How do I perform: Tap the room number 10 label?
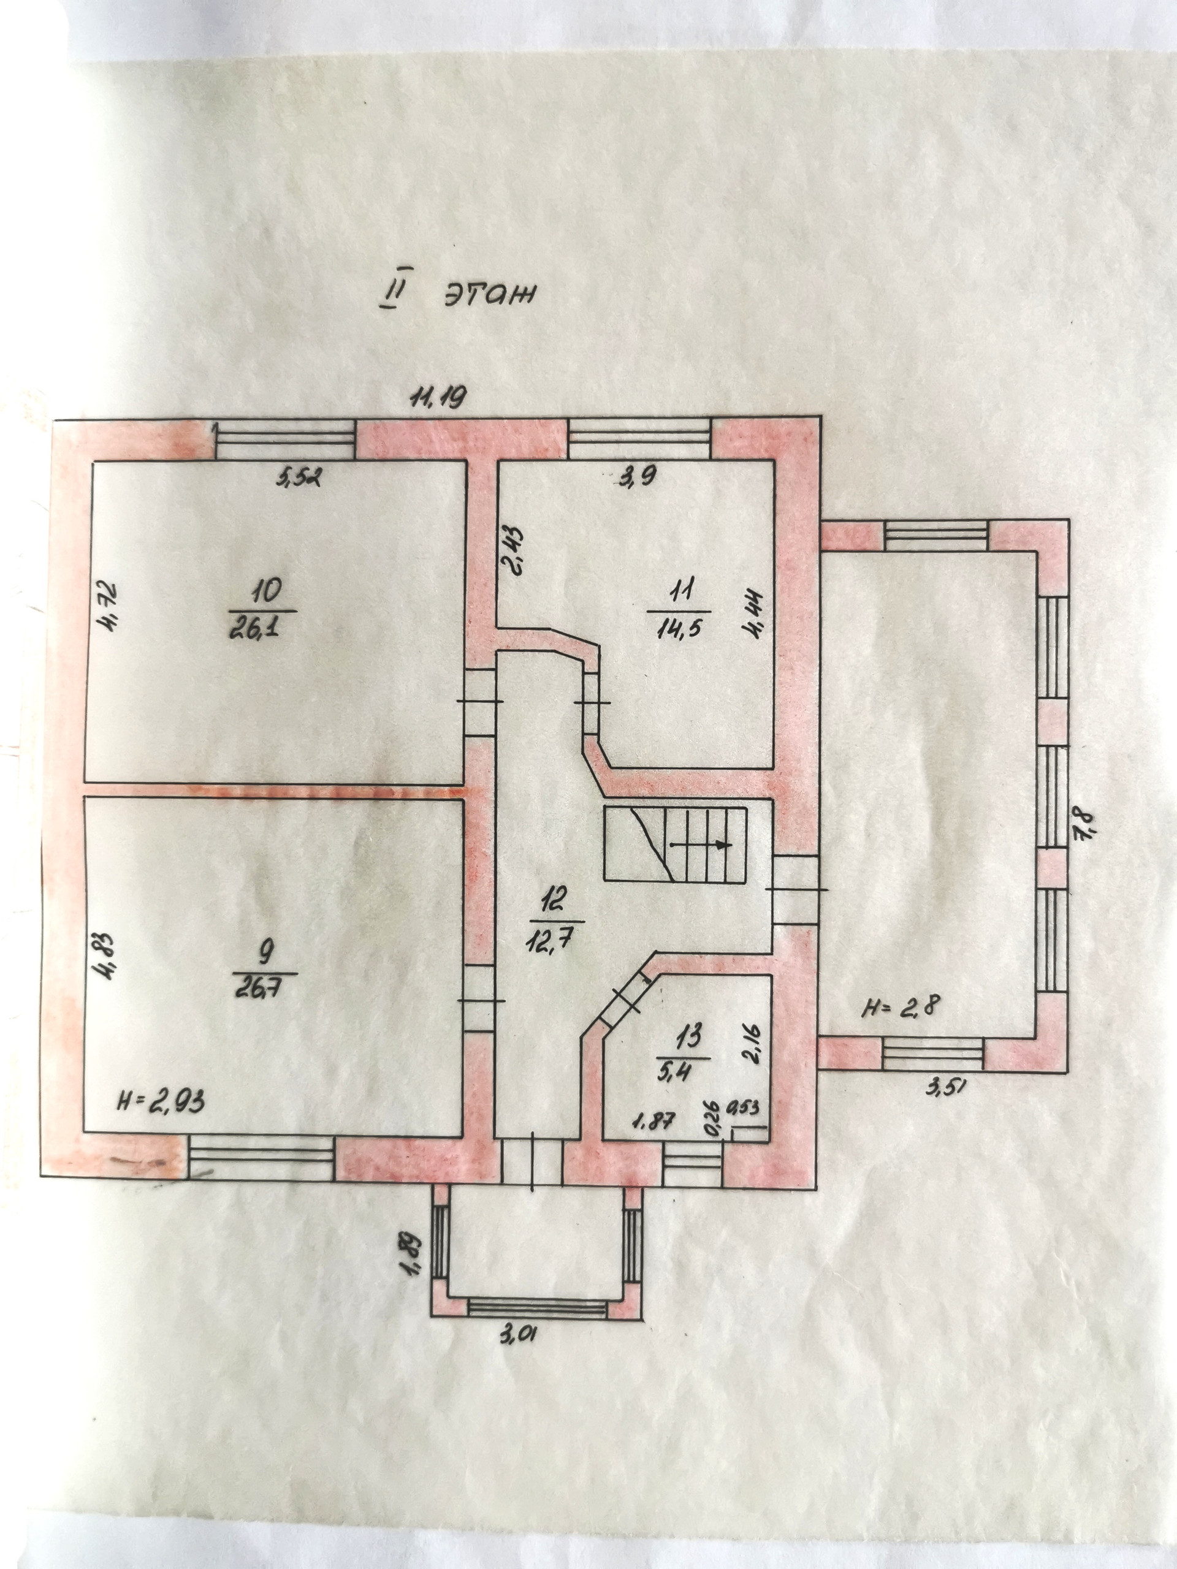263,590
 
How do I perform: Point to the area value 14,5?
679,629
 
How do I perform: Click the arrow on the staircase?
722,845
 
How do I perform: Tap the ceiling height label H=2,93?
161,1122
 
